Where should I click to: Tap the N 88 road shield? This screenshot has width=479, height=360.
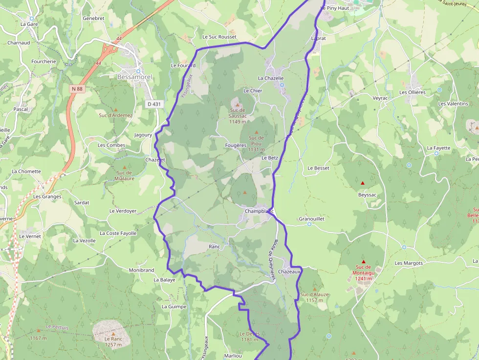[x=77, y=88]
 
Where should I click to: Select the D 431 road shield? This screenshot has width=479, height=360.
[x=153, y=104]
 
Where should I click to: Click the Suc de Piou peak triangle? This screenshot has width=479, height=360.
[x=256, y=132]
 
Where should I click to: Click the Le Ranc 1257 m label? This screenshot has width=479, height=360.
[x=113, y=341]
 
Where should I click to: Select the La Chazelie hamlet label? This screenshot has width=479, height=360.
[x=271, y=78]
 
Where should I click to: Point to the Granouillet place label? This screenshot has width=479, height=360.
[x=312, y=219]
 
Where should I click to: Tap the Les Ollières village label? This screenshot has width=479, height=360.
[x=413, y=92]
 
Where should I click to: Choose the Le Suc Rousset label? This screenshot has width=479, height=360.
[x=219, y=37]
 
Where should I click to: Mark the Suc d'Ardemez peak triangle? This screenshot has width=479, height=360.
[x=116, y=109]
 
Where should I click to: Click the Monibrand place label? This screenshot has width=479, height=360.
[x=141, y=270]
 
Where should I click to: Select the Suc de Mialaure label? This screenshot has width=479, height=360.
[x=125, y=175]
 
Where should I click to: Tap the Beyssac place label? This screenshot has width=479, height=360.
[x=367, y=194]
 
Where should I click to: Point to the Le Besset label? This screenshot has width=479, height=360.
[x=318, y=168]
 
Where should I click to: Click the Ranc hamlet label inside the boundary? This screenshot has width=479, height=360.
[x=215, y=247]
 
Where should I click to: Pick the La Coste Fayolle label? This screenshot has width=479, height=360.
[x=118, y=233]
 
